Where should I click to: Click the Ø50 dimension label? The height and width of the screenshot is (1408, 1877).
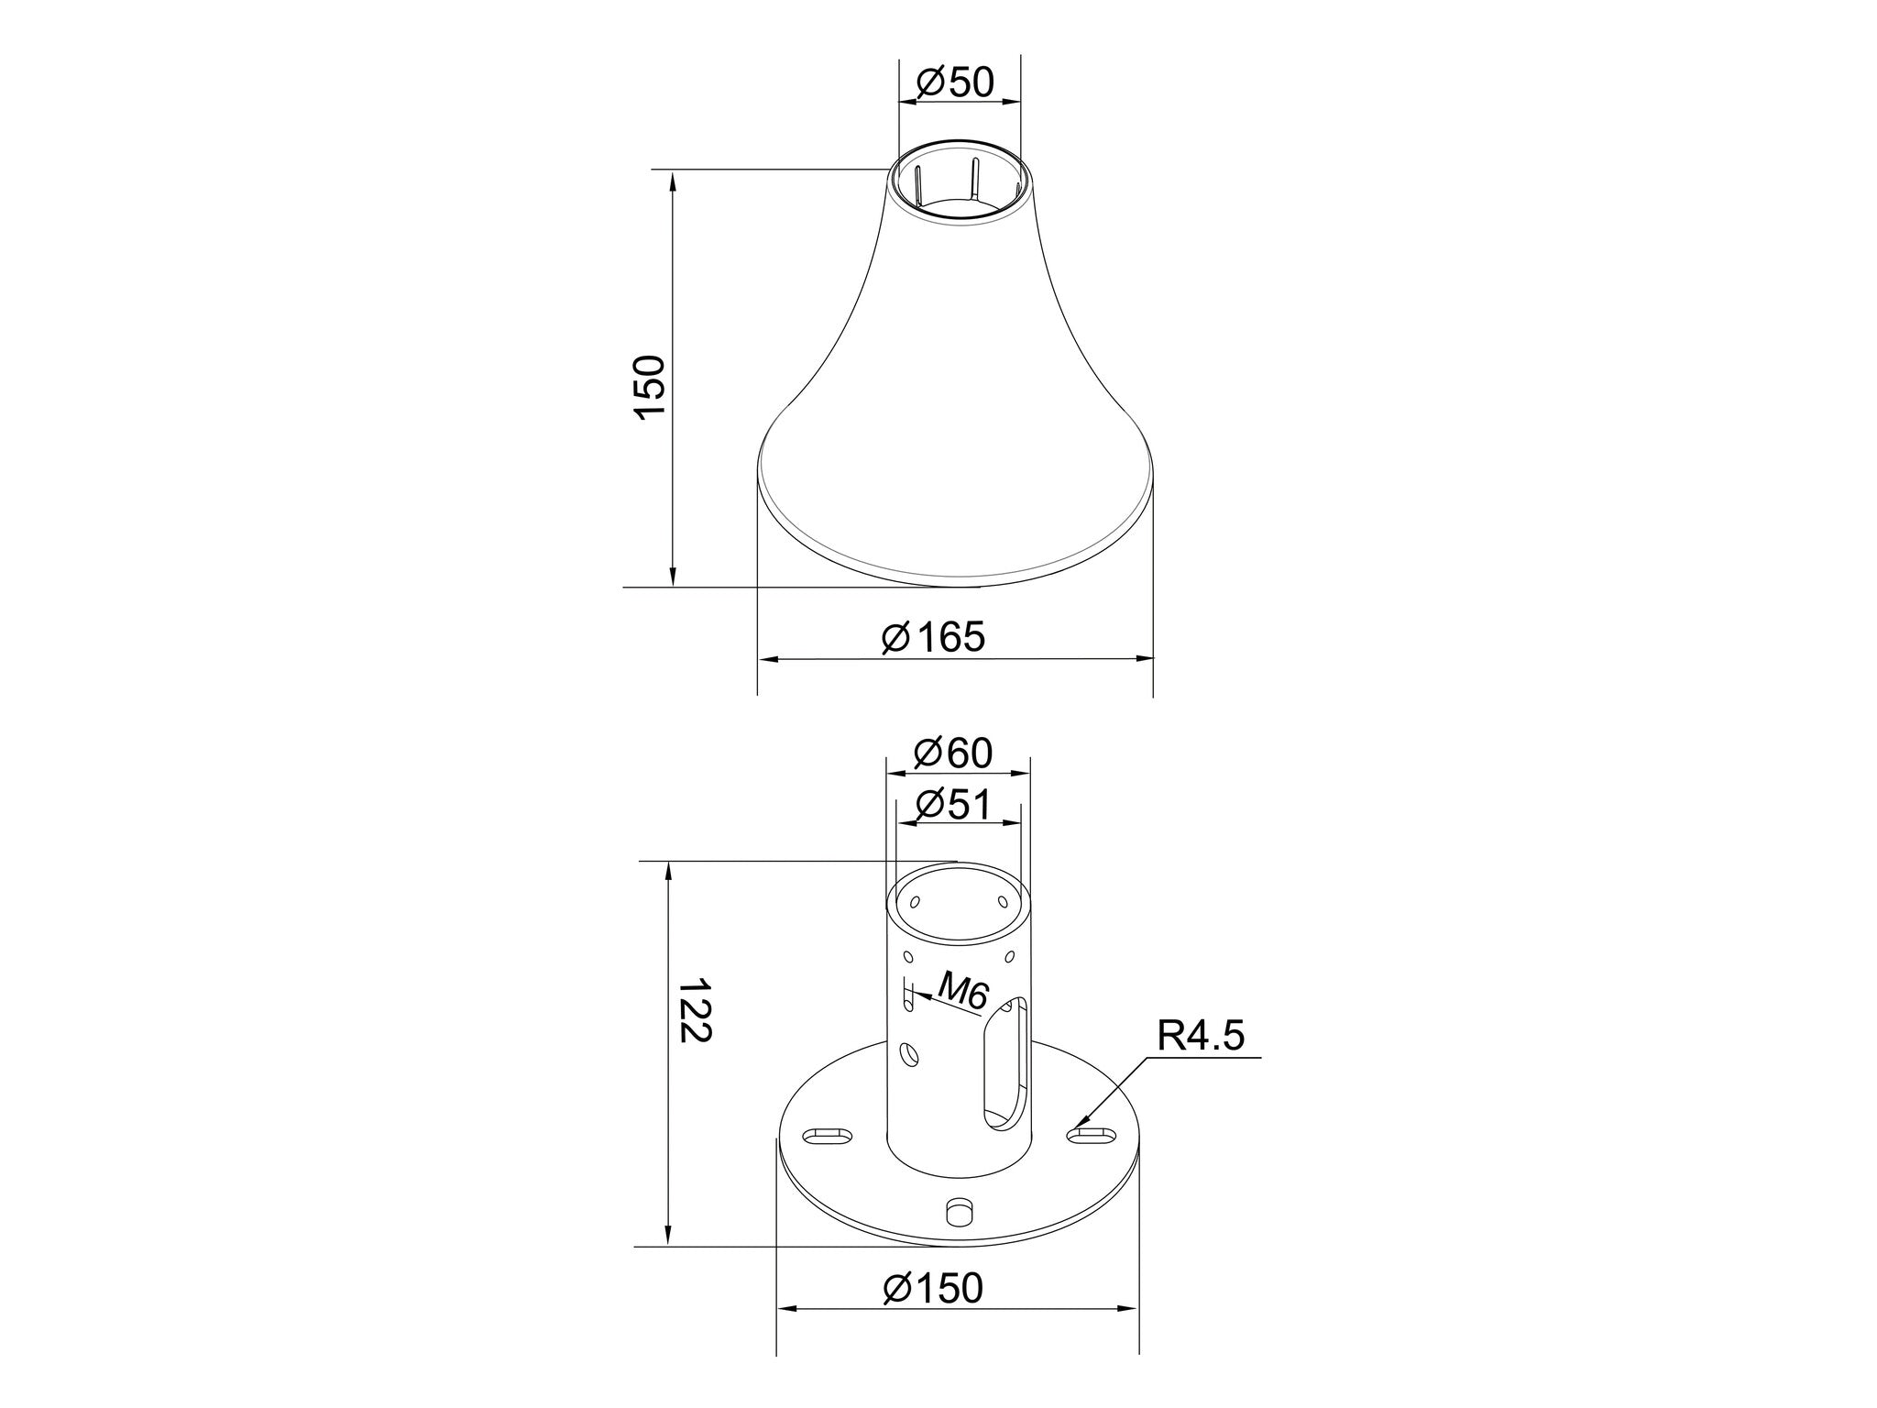coord(955,82)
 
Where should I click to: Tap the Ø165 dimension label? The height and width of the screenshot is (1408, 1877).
coord(933,637)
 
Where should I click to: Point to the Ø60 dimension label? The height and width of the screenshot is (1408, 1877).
coord(954,753)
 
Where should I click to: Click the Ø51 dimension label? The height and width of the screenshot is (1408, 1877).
coord(954,805)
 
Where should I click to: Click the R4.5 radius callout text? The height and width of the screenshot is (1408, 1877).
coord(1202,1037)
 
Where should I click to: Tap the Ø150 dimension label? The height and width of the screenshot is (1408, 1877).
coord(933,1288)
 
